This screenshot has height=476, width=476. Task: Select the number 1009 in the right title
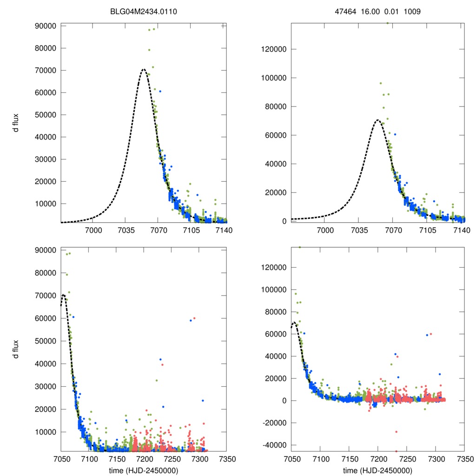click(x=412, y=12)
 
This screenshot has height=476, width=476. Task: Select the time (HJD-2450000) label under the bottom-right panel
click(x=377, y=470)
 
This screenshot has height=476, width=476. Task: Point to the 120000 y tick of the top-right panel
click(x=274, y=49)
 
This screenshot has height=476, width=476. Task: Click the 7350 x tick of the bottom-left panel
click(x=226, y=459)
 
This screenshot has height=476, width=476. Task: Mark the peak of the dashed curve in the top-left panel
click(x=144, y=69)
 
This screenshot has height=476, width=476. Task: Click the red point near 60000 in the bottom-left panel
click(x=194, y=318)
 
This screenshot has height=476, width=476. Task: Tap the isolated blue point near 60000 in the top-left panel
click(x=160, y=91)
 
